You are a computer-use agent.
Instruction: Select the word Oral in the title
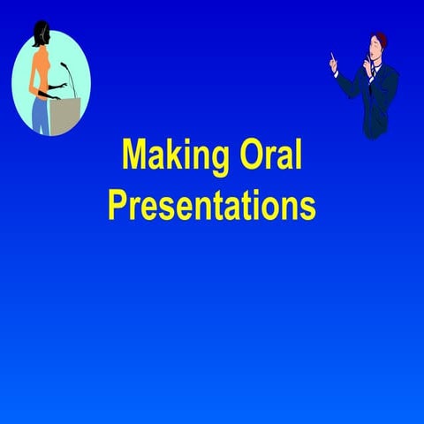click(x=270, y=156)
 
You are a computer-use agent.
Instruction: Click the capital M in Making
click(x=134, y=156)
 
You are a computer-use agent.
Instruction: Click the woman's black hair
click(x=39, y=34)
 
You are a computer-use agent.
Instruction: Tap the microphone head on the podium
click(x=64, y=65)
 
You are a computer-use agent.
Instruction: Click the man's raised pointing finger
click(x=332, y=59)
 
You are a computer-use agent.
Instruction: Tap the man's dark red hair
click(x=381, y=40)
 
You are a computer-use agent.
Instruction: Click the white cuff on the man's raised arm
click(x=337, y=72)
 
